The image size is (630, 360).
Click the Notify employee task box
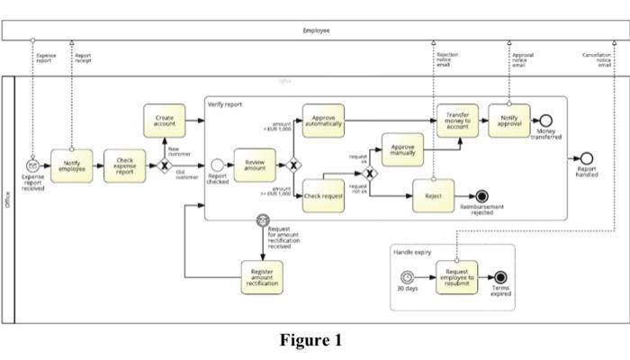[71, 166]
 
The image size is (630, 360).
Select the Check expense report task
[125, 166]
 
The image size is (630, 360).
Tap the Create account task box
[165, 121]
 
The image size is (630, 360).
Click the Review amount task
[255, 166]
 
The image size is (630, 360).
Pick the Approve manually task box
[403, 148]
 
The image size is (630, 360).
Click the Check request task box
[324, 195]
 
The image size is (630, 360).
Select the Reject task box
[433, 195]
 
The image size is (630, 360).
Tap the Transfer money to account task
[457, 121]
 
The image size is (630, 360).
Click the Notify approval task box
[509, 121]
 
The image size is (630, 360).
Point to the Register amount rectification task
[262, 275]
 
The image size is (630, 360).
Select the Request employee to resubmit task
[456, 275]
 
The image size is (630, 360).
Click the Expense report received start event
[32, 166]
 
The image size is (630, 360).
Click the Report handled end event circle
[587, 158]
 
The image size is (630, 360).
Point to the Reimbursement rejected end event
[482, 195]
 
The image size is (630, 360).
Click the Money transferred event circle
[545, 121]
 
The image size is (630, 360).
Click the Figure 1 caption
[310, 340]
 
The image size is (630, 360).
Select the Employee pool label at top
[316, 30]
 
